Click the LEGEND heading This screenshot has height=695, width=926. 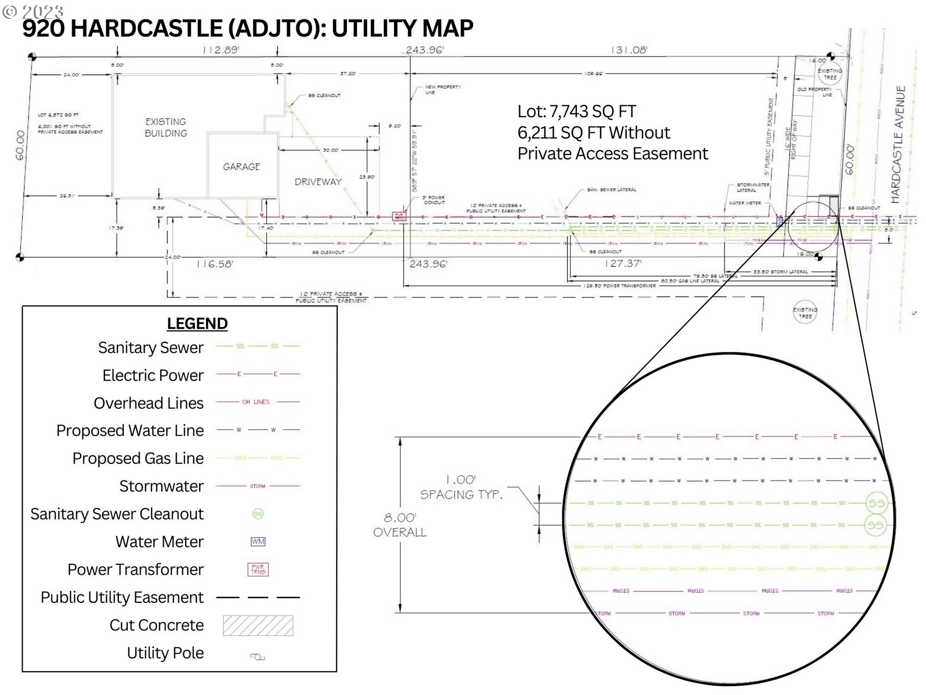(x=197, y=323)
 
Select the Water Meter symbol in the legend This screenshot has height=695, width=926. (x=258, y=542)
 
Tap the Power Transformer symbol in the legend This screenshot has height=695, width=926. (x=258, y=570)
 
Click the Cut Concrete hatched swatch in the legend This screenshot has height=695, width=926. (x=258, y=625)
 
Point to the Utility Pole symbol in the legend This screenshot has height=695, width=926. (x=258, y=656)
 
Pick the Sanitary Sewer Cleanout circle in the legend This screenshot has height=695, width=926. (x=258, y=514)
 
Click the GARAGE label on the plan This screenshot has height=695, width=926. (x=241, y=167)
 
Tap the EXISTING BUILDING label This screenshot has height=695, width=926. (x=166, y=127)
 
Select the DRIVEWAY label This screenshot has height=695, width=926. (x=318, y=181)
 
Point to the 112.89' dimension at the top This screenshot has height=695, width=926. (x=221, y=50)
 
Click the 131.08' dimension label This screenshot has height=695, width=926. (x=629, y=50)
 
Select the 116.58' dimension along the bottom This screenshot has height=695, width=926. (x=215, y=264)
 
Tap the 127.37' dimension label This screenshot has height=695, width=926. (x=623, y=264)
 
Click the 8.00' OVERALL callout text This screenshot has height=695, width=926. (x=400, y=525)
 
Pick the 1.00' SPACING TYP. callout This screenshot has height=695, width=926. (x=461, y=487)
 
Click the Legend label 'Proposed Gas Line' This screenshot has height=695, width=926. (x=138, y=458)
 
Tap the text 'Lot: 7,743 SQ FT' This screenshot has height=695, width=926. (x=577, y=111)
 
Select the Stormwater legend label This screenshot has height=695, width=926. (x=161, y=486)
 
